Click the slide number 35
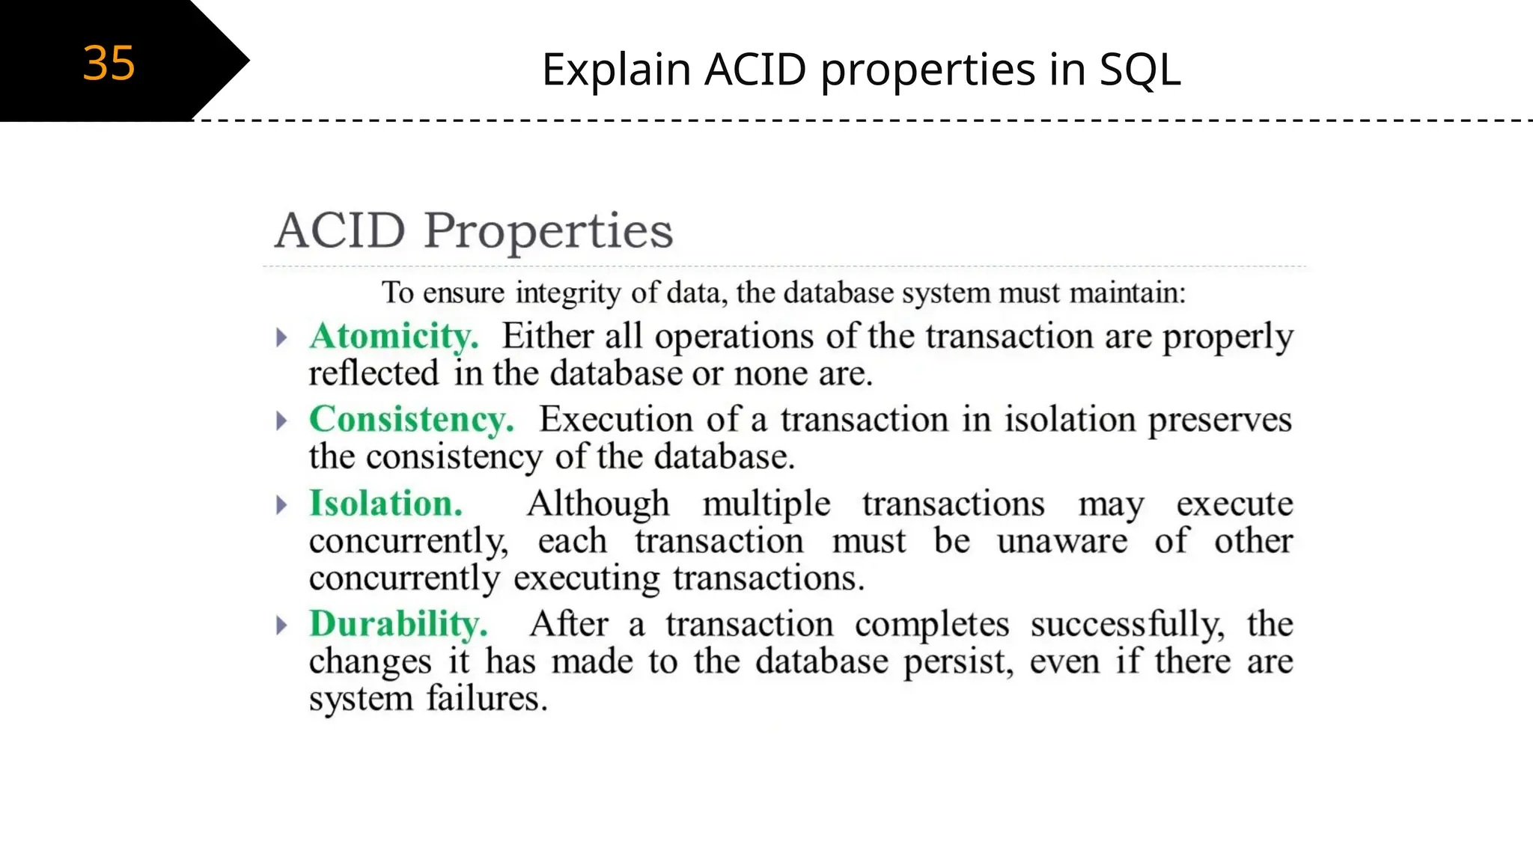pos(109,63)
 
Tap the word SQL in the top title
pos(1139,70)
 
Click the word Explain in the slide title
pos(616,70)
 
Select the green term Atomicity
pos(394,336)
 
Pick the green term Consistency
pos(411,419)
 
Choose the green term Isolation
pos(386,503)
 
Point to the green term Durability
pos(398,623)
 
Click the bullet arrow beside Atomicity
pos(281,337)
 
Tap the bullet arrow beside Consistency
pos(281,421)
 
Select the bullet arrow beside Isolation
pos(281,505)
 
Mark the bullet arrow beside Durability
pos(281,625)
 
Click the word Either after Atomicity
pos(546,336)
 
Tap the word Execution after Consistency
pos(616,419)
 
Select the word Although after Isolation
pos(598,504)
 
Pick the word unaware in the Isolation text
pos(1062,541)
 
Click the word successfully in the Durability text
pos(1127,624)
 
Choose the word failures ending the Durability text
pos(487,699)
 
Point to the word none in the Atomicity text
pos(770,373)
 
